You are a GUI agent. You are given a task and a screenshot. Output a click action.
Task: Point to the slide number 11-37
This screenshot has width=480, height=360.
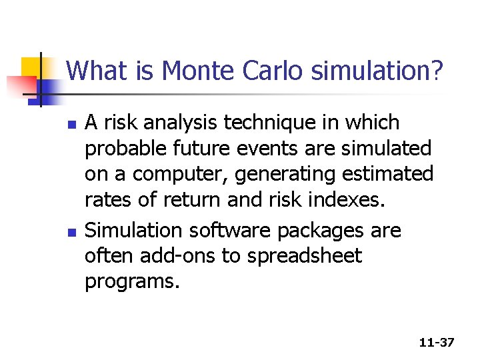click(437, 343)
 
